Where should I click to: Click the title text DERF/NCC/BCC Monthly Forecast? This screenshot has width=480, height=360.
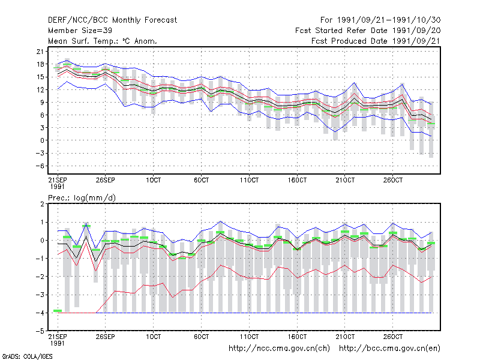pos(112,20)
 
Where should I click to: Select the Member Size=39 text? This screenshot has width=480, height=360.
pos(80,31)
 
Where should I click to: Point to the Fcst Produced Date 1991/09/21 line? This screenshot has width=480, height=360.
pos(376,41)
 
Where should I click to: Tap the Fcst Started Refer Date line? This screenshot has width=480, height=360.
pos(368,31)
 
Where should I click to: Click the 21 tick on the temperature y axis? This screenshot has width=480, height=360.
pos(40,52)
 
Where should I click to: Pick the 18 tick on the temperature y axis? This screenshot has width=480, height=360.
pos(40,64)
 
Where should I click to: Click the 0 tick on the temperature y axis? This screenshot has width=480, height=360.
pos(42,140)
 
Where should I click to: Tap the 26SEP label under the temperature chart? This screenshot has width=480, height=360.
pos(106,180)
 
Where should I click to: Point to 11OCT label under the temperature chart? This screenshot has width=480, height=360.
pos(249,180)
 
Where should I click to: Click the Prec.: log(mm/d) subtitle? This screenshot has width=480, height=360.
pos(82,198)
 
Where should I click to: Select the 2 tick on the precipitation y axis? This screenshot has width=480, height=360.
pos(42,204)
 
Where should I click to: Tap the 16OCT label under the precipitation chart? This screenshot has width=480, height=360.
pos(297,337)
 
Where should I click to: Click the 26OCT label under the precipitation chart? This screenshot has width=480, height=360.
pos(393,337)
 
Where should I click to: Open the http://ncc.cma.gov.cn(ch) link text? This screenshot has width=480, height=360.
pos(279,349)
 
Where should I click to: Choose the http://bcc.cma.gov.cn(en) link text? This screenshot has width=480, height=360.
pos(389,349)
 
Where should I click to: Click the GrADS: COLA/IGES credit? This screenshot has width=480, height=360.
pos(27,356)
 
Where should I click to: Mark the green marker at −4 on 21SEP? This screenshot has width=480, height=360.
pos(58,311)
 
